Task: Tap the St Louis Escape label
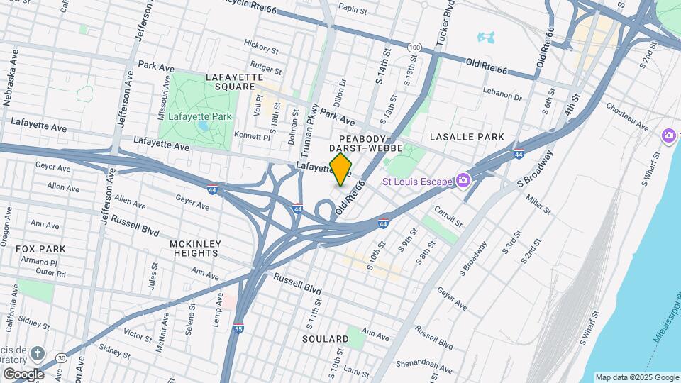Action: click(416, 182)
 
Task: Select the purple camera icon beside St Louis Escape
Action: click(463, 182)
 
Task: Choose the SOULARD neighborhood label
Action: click(325, 339)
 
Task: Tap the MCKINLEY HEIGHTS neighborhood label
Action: click(195, 249)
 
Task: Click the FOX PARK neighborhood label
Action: click(42, 249)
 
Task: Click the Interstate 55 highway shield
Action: click(240, 328)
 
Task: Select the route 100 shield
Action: click(415, 47)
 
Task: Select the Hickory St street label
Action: click(260, 47)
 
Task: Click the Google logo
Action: click(23, 374)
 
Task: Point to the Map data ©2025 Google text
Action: click(636, 377)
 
